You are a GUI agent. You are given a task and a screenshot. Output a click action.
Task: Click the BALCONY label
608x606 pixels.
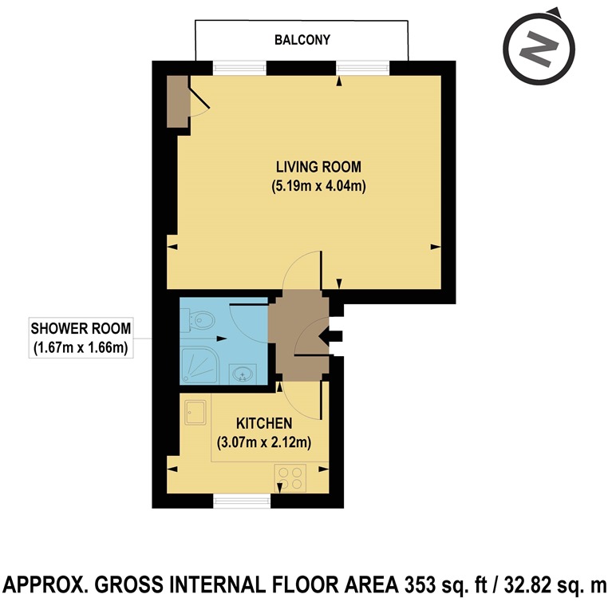[302, 40]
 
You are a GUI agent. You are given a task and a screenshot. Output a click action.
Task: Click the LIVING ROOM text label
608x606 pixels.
[318, 168]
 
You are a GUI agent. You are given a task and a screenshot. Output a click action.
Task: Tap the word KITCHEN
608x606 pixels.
[264, 422]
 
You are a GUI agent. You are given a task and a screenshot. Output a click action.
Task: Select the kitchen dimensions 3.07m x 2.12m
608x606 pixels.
[264, 442]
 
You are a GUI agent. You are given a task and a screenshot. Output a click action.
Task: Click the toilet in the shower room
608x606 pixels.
[199, 322]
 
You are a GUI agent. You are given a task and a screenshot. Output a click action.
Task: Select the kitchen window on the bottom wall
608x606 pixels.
[242, 501]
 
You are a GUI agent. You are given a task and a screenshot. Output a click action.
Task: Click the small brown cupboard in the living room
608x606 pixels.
[176, 101]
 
